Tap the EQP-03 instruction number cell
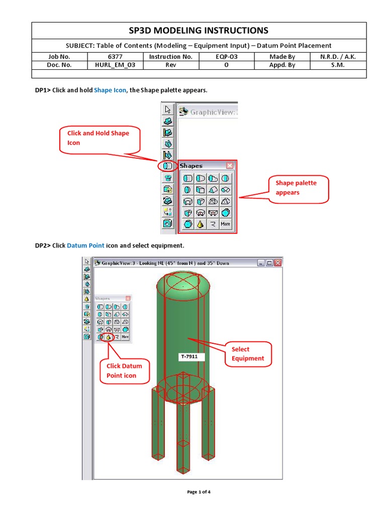point(226,57)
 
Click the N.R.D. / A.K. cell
point(338,57)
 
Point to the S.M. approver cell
point(338,65)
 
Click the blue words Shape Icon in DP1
point(110,90)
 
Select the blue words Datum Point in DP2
point(85,246)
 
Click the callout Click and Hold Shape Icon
point(99,138)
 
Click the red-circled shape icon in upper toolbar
point(168,166)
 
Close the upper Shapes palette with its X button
point(230,166)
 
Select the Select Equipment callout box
point(248,354)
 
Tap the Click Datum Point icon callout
point(124,370)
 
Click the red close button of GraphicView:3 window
point(277,263)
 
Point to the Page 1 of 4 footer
point(199,492)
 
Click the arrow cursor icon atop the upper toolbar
point(168,109)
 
